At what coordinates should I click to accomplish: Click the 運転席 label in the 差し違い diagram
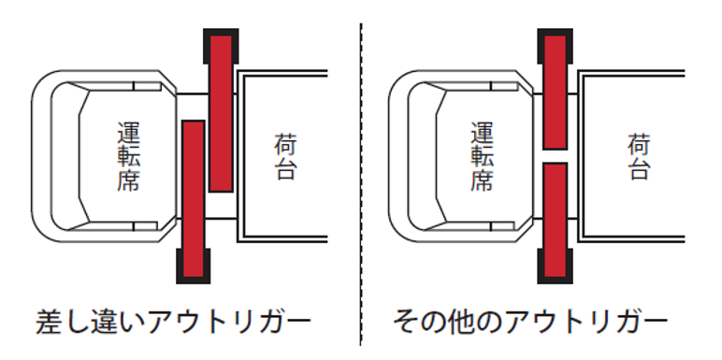[129, 154]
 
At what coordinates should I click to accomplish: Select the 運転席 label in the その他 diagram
[482, 154]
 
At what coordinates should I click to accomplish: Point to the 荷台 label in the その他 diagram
[638, 156]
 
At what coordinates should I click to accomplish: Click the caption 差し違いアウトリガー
[173, 324]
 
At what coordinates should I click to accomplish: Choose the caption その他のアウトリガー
[530, 324]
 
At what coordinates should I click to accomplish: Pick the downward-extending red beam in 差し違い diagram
[193, 196]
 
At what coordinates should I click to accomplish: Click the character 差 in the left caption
[49, 324]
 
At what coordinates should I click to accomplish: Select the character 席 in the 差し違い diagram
[129, 180]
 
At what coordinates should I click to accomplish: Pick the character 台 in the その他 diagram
[638, 169]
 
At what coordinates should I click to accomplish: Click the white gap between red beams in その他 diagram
[555, 155]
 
